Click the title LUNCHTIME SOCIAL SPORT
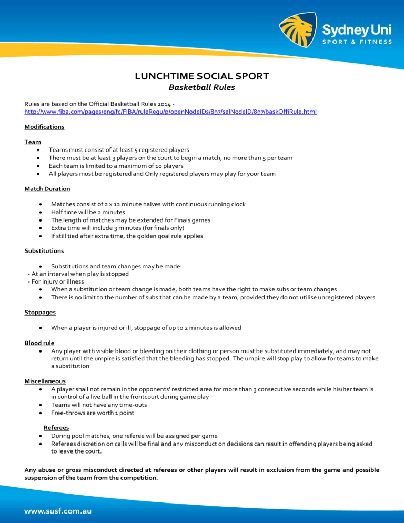pyautogui.click(x=202, y=76)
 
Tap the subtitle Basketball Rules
pyautogui.click(x=202, y=87)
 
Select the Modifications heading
pyautogui.click(x=44, y=127)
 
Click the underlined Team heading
pyautogui.click(x=33, y=142)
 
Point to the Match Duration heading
pyautogui.click(x=47, y=188)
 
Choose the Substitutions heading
pyautogui.click(x=44, y=251)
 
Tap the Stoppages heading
pyautogui.click(x=40, y=312)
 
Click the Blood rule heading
pyautogui.click(x=39, y=343)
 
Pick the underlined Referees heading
pyautogui.click(x=56, y=428)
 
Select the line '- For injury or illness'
pyautogui.click(x=55, y=281)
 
